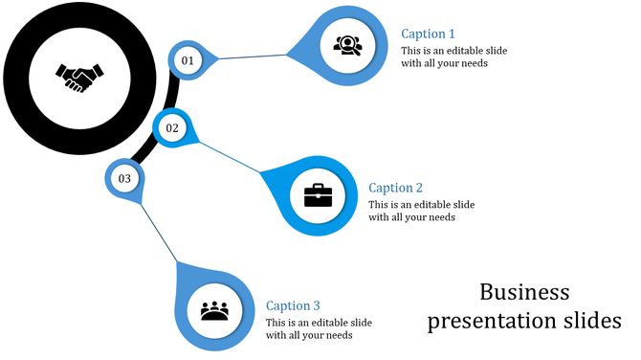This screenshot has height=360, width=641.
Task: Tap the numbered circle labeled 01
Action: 188,60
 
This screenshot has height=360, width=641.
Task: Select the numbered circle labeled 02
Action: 172,127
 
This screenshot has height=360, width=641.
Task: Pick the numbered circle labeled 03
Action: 124,178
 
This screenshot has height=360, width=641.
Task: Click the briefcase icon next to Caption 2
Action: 318,195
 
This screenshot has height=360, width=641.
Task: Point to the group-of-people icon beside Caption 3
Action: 215,311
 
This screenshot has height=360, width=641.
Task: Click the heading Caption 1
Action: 428,34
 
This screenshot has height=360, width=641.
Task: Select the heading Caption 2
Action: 395,188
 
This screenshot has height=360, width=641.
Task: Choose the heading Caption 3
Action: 293,305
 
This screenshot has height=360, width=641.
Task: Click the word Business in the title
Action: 524,291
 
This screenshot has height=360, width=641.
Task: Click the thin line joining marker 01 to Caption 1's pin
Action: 254,56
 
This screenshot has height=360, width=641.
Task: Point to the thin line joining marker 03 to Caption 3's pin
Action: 159,231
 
